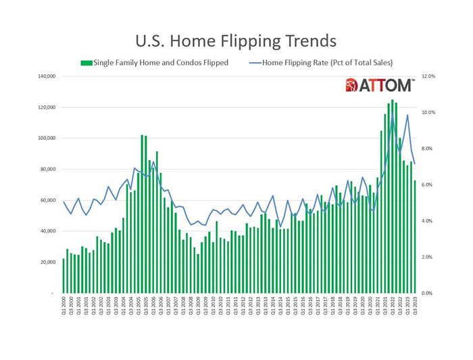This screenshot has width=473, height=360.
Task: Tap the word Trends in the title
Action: tap(308, 41)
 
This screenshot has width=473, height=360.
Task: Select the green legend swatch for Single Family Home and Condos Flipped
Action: tap(86, 63)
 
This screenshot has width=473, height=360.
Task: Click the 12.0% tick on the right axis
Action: tap(429, 76)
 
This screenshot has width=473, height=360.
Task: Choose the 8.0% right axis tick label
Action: tap(429, 149)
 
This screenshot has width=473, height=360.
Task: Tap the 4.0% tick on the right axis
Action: tap(429, 221)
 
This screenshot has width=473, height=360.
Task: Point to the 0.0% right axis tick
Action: tap(429, 293)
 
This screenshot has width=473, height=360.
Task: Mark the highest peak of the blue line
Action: tap(407, 115)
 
